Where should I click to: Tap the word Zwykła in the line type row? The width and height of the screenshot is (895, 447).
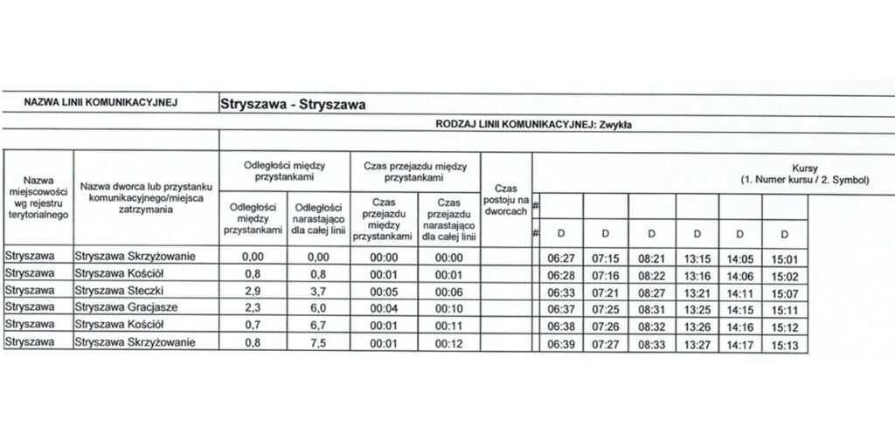coord(614,125)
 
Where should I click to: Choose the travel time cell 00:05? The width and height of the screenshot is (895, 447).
coord(385,290)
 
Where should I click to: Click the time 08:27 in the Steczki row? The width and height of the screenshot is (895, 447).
coord(651,290)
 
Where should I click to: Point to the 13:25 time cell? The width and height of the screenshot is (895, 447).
coord(697,307)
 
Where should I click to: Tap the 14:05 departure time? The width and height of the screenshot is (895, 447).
coord(739,257)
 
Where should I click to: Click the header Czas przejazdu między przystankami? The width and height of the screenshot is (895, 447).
coord(415,169)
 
